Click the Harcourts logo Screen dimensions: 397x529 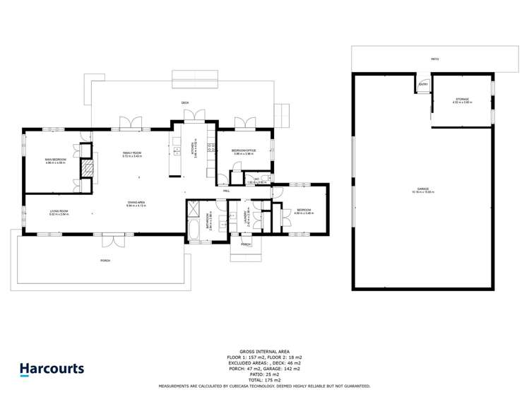click(51, 368)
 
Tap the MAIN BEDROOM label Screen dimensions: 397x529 click(56, 160)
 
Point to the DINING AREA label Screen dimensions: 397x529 click(136, 204)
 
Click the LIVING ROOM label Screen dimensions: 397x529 click(58, 211)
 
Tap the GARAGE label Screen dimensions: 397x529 click(423, 189)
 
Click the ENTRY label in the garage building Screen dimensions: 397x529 click(423, 84)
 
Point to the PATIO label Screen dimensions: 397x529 click(435, 59)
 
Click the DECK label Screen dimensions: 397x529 click(185, 103)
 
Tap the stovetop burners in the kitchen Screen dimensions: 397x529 click(210, 147)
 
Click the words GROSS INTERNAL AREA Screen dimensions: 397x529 click(264, 351)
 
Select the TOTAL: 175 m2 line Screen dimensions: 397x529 click(264, 381)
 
